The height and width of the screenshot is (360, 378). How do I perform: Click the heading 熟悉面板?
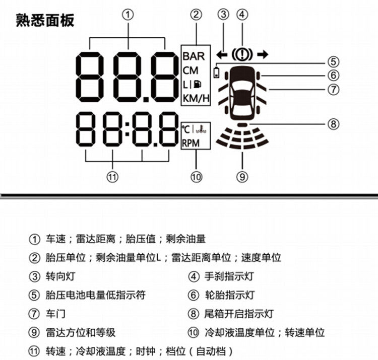click(x=45, y=20)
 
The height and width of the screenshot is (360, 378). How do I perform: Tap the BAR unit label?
click(x=194, y=55)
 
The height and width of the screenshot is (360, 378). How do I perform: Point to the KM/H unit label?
click(x=196, y=98)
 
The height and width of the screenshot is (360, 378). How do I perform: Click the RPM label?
click(x=191, y=143)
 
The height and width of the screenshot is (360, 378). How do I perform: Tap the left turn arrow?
click(x=220, y=54)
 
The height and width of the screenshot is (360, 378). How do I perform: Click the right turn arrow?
click(x=262, y=54)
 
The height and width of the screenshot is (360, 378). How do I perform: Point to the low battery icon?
click(x=217, y=73)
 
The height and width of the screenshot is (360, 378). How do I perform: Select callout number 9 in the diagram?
click(x=242, y=176)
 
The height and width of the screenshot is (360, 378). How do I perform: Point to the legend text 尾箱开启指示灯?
click(x=238, y=314)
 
